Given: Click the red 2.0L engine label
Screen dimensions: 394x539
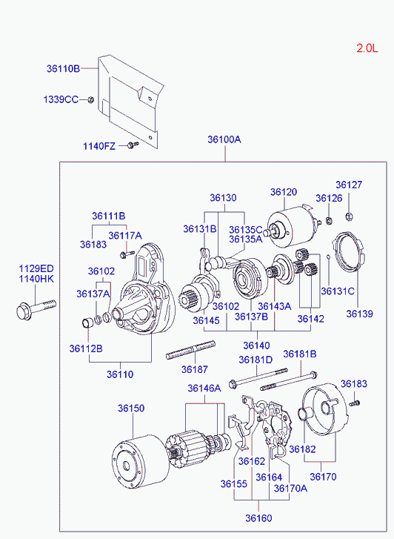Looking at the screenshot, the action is pos(367,48).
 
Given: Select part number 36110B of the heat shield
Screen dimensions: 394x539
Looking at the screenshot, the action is pos(63,69).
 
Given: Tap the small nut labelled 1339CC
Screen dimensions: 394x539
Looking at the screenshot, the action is pos(91,99).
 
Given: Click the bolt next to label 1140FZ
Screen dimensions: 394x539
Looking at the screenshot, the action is pos(133,145).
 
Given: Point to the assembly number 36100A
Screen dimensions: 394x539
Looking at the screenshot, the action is pos(224,139).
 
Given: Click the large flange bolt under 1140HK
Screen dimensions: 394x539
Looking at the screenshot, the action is pos(36,309).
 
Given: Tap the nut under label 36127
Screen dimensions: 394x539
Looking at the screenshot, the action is pos(349,216).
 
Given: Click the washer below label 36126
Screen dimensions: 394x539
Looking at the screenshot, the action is pos(329,220).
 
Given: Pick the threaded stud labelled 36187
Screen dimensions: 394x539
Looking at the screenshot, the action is pos(190,350).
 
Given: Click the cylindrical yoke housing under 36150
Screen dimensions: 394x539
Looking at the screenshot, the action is pos(141,462).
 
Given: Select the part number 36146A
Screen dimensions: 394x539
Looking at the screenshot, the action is pos(204,388).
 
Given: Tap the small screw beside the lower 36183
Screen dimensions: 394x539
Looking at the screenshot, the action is pos(354,403).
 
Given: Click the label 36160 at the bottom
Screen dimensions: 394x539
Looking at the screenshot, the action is pos(258,518).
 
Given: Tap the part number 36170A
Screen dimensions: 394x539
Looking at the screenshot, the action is pos(290,488).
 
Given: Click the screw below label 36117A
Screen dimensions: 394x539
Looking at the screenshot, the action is pos(127,254).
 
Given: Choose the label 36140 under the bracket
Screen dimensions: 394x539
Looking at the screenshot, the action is pos(256,345).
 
